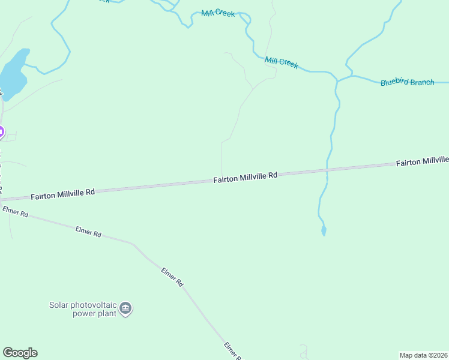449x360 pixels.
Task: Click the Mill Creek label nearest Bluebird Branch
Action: (x=281, y=62)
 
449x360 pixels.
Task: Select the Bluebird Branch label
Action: (x=407, y=82)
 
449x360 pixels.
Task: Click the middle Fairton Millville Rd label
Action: (x=246, y=177)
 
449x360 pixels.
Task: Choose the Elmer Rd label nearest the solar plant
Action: (x=172, y=277)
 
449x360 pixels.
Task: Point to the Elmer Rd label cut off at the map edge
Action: (x=232, y=351)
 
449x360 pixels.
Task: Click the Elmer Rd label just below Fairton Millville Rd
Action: (x=15, y=212)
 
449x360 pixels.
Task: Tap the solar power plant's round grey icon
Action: (x=125, y=309)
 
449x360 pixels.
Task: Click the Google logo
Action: (x=20, y=353)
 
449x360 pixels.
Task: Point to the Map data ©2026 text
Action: (x=424, y=355)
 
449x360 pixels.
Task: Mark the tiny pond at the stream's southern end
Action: (x=324, y=230)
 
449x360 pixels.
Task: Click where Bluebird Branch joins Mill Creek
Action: (x=337, y=80)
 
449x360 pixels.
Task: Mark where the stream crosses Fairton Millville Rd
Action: (x=327, y=170)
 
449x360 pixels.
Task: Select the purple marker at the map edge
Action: (x=1, y=131)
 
